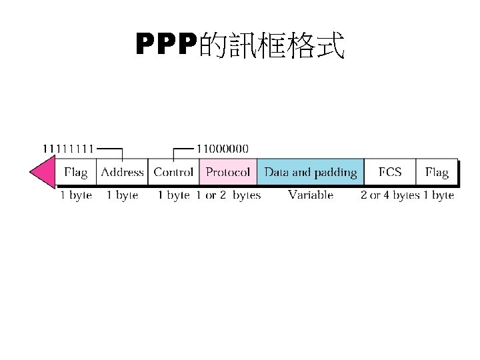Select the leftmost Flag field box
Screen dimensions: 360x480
[x=75, y=173]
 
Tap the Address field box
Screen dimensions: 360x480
[x=122, y=173]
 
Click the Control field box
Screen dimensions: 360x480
[x=173, y=173]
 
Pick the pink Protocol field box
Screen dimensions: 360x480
[x=228, y=173]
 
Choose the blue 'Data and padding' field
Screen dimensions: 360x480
[x=311, y=173]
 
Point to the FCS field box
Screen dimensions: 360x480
[x=390, y=173]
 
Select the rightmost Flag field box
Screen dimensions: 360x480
[x=437, y=173]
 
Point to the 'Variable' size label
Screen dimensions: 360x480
[x=311, y=195]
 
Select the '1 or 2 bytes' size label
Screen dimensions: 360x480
[x=229, y=195]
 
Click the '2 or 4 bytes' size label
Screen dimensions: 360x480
[x=390, y=195]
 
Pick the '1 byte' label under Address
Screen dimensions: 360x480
[x=122, y=195]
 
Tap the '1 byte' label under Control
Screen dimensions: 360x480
[x=173, y=195]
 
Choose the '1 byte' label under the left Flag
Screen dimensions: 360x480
[x=76, y=195]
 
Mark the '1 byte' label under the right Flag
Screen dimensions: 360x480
[x=439, y=195]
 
